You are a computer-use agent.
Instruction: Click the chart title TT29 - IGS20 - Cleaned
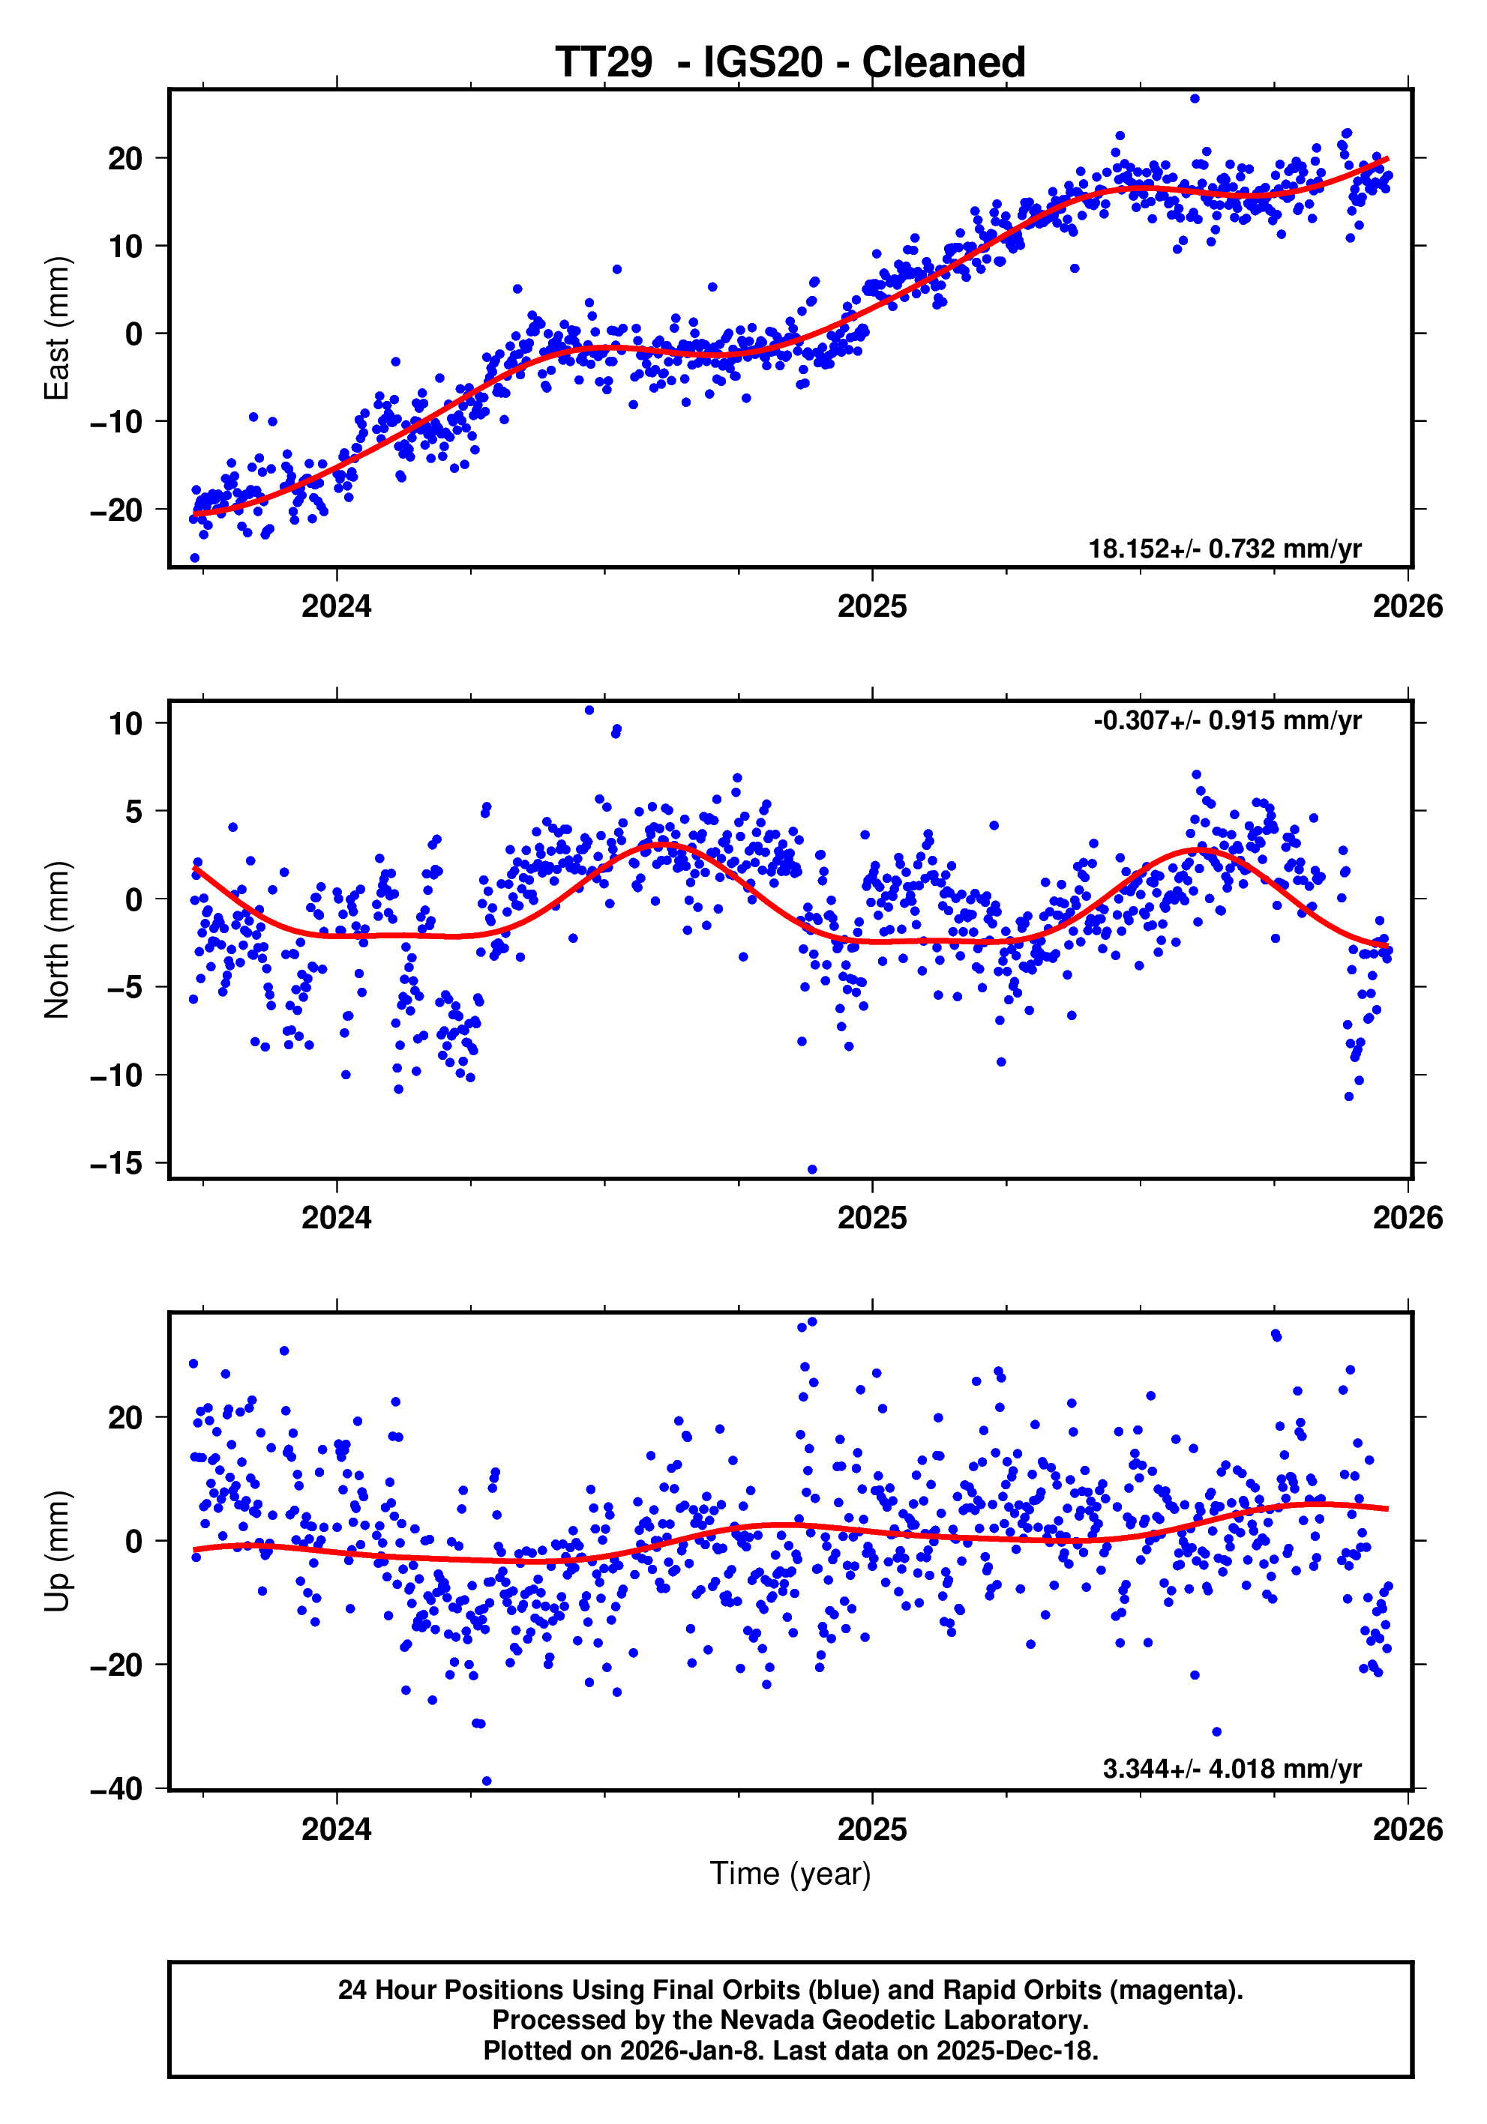click(x=790, y=62)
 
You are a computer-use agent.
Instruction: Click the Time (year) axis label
click(x=790, y=1873)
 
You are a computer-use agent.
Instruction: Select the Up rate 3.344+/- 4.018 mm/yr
click(x=1231, y=1769)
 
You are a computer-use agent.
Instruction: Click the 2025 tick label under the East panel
click(x=871, y=607)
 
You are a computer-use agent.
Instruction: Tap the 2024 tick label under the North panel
click(x=336, y=1217)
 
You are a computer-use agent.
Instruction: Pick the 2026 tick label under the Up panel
click(x=1407, y=1829)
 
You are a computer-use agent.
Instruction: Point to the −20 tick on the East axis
click(x=116, y=510)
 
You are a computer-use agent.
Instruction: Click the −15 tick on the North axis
click(x=116, y=1164)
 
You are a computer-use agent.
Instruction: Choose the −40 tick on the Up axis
click(x=116, y=1789)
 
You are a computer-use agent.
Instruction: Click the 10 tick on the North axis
click(x=126, y=723)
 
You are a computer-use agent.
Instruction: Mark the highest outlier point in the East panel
click(x=1195, y=98)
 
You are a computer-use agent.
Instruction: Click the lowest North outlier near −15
click(x=812, y=1169)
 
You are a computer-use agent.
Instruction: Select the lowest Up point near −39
click(x=487, y=1781)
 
